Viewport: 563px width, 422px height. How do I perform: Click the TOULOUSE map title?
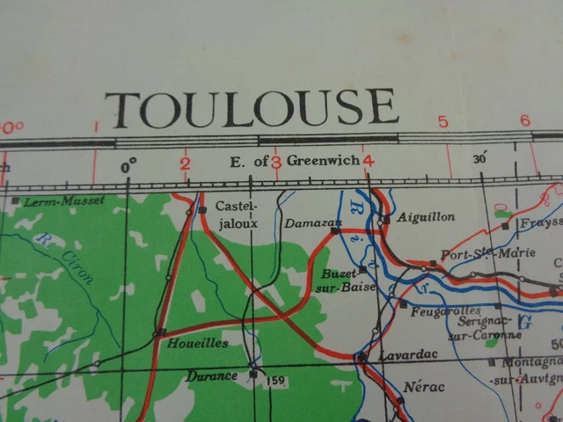252,108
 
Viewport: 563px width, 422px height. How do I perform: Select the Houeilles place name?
199,343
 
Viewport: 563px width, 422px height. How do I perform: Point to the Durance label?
212,376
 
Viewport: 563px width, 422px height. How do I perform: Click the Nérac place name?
423,387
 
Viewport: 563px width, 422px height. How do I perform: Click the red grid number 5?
442,121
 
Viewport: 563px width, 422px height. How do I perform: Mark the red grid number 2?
185,162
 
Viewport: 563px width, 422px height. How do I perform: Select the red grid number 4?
368,160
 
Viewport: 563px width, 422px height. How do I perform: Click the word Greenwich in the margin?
322,161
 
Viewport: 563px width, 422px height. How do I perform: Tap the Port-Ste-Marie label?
475,254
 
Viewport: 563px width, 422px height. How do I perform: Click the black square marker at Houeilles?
159,332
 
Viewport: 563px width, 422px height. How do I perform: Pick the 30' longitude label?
480,160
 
